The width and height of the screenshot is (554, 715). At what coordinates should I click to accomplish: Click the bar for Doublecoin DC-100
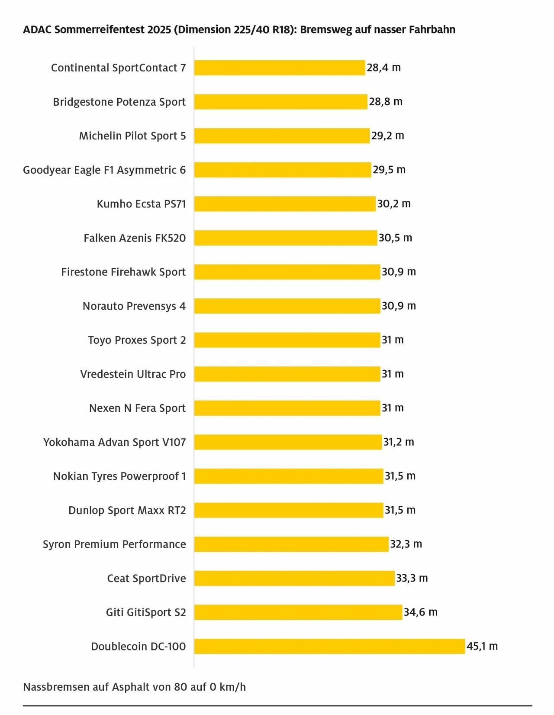point(329,646)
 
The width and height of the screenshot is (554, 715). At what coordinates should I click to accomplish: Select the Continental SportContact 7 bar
point(279,68)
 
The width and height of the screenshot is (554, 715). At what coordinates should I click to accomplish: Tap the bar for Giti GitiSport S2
point(298,612)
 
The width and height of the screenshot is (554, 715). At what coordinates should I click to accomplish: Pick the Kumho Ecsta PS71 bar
point(284,204)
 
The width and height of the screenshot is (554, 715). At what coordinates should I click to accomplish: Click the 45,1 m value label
point(482,646)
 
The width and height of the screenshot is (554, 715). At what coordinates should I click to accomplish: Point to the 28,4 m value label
point(383,68)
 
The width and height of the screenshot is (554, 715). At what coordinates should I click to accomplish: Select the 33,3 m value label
point(412,578)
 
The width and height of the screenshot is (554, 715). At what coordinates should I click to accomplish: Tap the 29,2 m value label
point(387,136)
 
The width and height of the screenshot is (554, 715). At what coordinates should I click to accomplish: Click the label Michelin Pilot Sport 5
point(132,136)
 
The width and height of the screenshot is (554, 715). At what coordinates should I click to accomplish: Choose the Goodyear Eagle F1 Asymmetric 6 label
point(104,170)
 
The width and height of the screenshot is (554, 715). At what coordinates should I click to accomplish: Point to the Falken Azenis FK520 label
point(135,238)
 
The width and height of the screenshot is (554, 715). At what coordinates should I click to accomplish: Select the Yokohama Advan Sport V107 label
point(114,442)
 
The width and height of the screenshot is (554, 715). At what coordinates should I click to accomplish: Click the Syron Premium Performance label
point(114,544)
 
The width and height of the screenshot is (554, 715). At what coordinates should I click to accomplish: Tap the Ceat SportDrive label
point(146,578)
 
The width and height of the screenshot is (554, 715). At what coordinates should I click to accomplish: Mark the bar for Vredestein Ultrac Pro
point(287,374)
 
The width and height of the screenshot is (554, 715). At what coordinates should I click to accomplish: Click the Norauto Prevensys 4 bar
point(287,306)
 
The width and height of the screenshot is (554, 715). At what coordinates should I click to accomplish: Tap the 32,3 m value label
point(406,544)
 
